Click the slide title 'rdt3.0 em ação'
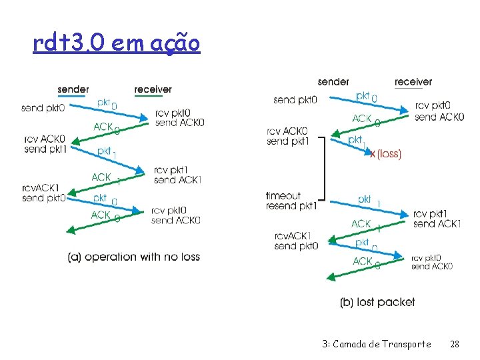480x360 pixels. pos(116,44)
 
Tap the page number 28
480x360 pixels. pos(455,344)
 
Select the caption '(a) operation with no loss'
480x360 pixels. pos(133,257)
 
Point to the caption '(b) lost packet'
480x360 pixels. pos(377,302)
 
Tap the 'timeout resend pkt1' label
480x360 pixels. pos(291,201)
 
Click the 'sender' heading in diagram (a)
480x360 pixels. pos(73,89)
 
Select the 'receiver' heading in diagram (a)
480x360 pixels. pos(153,89)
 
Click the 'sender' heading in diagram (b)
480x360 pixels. pos(333,81)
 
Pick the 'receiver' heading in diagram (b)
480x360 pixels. pos(413,81)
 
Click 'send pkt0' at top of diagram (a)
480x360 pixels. pos(43,107)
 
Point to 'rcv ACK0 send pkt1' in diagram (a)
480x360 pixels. pos(44,144)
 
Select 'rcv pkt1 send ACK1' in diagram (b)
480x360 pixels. pos(437,219)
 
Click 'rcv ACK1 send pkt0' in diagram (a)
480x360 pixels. pos(43,193)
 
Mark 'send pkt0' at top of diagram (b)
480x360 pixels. pos(295,100)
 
